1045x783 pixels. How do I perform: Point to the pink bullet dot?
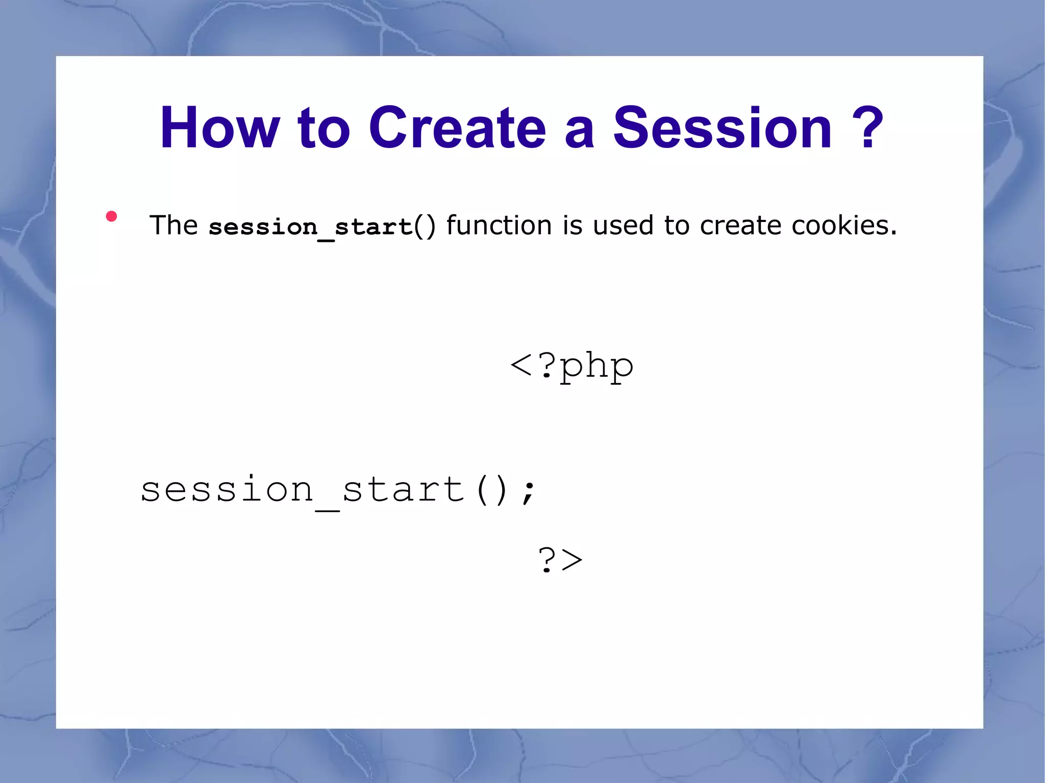pyautogui.click(x=111, y=216)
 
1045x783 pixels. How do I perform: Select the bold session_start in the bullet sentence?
pyautogui.click(x=310, y=226)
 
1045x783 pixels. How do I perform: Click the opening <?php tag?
pyautogui.click(x=571, y=366)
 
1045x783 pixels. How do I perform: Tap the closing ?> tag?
pyautogui.click(x=560, y=560)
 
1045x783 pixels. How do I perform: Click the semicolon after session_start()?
pyautogui.click(x=529, y=491)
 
